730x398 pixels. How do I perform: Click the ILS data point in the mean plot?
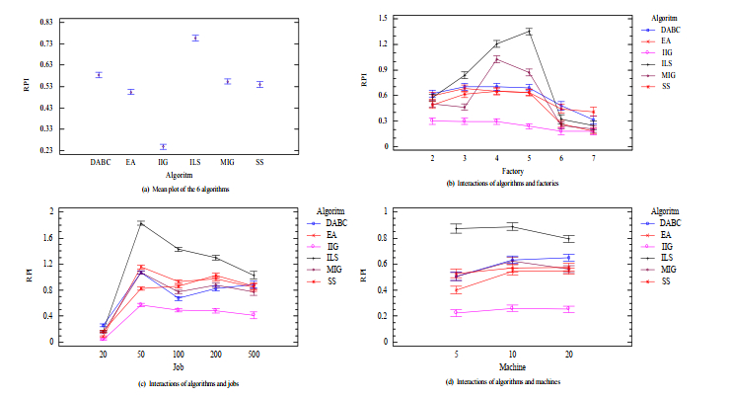point(195,38)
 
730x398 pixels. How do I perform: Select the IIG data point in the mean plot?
point(163,146)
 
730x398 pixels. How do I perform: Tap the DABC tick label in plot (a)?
point(100,161)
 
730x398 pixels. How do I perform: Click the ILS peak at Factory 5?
point(530,31)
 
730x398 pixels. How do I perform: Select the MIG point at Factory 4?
point(497,58)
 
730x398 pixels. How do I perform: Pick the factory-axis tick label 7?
point(594,156)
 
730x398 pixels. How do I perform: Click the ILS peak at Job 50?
point(141,223)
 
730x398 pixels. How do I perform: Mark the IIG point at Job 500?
point(255,315)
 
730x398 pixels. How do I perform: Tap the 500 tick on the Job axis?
point(255,353)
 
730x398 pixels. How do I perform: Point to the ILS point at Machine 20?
point(569,239)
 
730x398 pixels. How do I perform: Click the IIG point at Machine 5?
point(456,313)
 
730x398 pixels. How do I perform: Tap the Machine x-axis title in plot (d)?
point(512,366)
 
